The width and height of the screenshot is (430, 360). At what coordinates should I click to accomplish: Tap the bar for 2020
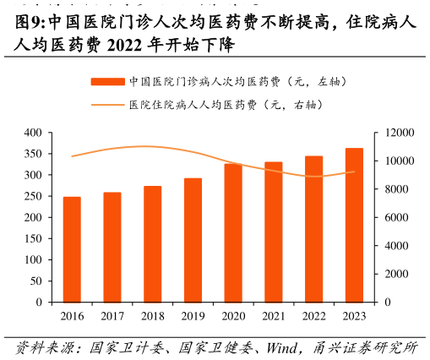233,232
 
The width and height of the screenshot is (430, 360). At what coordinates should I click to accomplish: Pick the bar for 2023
354,225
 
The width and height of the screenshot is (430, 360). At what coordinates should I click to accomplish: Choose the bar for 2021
274,232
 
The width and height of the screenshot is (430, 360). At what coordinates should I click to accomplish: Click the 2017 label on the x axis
112,316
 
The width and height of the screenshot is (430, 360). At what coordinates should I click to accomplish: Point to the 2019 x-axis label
193,316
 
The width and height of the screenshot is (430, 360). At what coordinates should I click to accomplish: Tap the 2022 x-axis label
314,316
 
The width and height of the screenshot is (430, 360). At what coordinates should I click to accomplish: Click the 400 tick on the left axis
33,133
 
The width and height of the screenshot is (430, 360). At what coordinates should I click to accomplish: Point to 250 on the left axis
33,196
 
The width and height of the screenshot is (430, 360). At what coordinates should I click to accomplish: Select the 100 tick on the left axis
33,259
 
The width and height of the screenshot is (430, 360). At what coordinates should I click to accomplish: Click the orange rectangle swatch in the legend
107,82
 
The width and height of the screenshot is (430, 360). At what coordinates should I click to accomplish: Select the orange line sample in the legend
107,105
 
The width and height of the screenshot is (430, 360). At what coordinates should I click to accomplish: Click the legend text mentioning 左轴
237,82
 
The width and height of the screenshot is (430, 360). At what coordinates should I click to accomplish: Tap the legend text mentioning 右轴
226,105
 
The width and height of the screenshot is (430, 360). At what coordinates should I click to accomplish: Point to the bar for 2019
193,240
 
